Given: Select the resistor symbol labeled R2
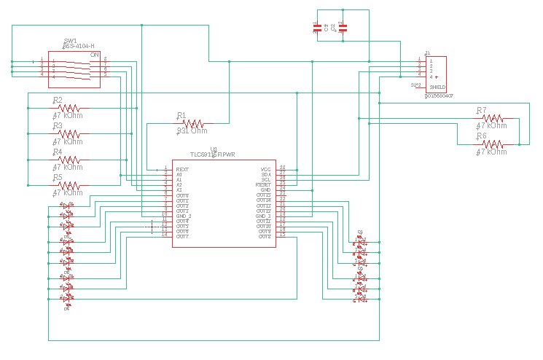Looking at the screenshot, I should pos(71,107).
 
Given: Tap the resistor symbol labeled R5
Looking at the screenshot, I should pos(71,185).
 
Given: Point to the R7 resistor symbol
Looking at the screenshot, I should pos(494,118).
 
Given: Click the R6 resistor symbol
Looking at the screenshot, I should pos(494,144).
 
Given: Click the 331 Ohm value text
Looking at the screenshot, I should pos(192,131).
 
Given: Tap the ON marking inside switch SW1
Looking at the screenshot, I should pos(94,55).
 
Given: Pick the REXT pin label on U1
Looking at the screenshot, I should pos(182,169).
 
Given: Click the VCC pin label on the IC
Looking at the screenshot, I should pos(265,169).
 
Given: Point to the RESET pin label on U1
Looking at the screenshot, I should pos(263,185).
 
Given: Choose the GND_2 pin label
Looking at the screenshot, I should pos(183,216).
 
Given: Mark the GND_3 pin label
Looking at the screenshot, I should pos(263,216).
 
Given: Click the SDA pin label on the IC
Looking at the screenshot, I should pos(265,175).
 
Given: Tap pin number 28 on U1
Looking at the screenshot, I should pos(283,168).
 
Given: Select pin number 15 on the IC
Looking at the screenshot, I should pos(283,235).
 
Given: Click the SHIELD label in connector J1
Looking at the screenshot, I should pos(437,87).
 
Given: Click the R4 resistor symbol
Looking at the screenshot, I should pos(71,160).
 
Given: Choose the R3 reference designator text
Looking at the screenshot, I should pos(58,125).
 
